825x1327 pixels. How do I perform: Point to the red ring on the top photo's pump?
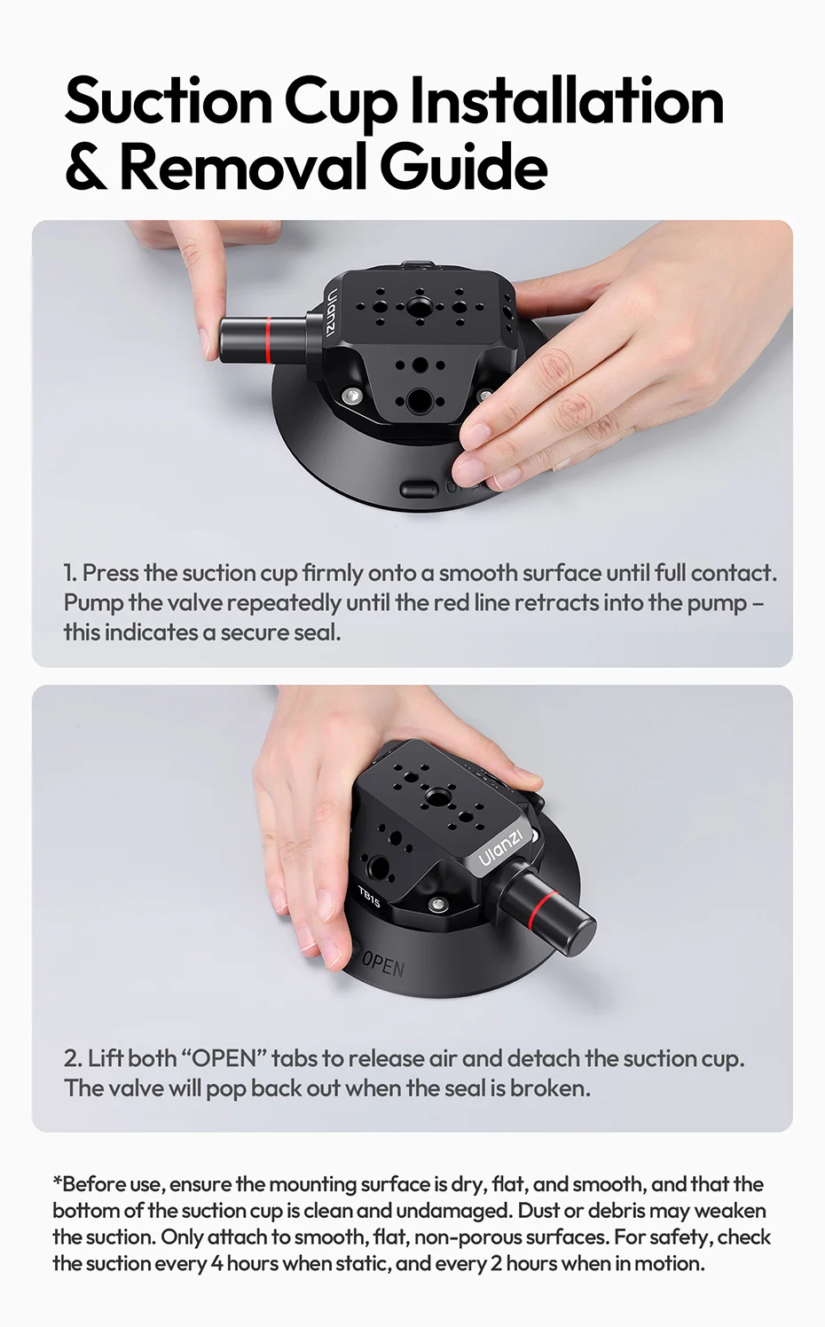(x=270, y=340)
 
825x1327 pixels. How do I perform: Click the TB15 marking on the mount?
(x=369, y=898)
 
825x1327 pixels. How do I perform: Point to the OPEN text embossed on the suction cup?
(x=382, y=965)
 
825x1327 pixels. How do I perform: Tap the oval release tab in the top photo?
(x=420, y=490)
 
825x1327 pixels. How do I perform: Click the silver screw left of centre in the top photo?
(x=352, y=395)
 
